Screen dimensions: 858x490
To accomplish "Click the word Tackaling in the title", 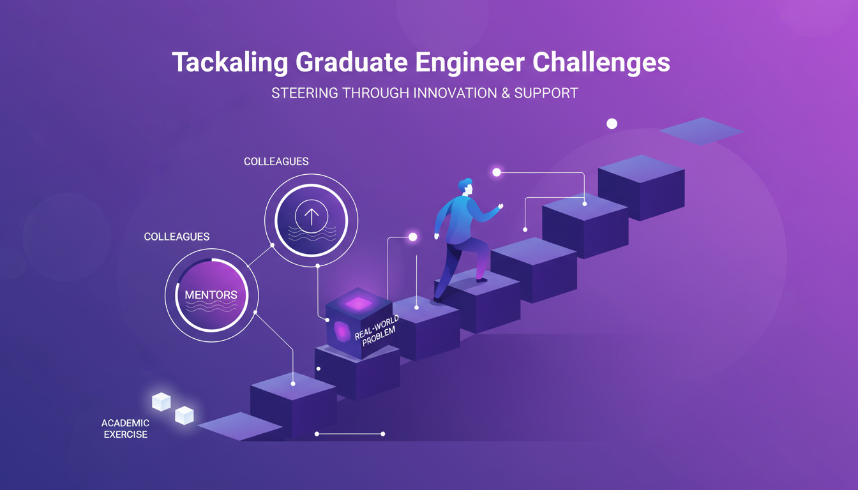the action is click(230, 63).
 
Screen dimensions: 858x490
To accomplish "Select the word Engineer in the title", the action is click(470, 63).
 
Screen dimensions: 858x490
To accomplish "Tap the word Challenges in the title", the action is click(601, 62).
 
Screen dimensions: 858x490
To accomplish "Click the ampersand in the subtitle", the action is click(506, 93).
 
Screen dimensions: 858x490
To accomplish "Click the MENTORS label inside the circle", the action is click(211, 295).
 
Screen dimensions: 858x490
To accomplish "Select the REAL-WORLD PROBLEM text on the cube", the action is click(377, 330).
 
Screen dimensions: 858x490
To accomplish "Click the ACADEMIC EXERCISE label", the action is click(125, 429).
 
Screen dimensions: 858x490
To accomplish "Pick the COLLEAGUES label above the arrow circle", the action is click(276, 161).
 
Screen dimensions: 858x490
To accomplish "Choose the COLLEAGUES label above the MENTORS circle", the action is click(177, 237).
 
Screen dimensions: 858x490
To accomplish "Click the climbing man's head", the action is click(466, 187).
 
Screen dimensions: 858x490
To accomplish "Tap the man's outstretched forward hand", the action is click(500, 206).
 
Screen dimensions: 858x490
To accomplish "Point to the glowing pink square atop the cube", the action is click(359, 304).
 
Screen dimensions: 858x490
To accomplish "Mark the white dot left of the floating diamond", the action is click(612, 124).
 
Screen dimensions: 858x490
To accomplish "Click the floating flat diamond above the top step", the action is click(702, 131).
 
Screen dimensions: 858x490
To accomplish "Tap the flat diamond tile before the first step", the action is click(240, 426).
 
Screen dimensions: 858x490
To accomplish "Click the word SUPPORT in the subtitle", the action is click(546, 93).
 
